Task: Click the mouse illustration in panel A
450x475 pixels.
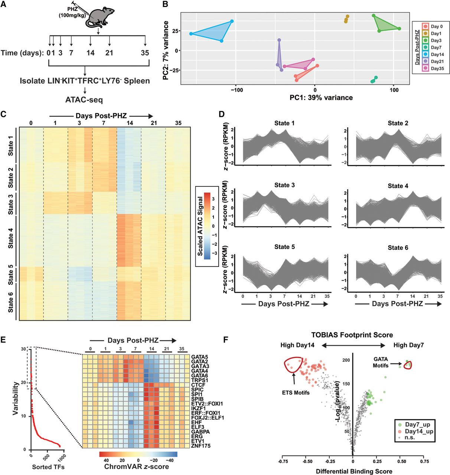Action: click(99, 17)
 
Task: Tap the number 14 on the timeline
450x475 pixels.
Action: click(91, 52)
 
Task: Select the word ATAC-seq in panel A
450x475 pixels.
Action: click(84, 99)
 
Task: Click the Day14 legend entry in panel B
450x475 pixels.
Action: click(433, 54)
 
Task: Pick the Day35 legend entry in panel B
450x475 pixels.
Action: click(433, 68)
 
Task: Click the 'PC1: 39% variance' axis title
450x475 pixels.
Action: click(321, 98)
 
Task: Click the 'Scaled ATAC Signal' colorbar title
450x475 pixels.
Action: click(200, 226)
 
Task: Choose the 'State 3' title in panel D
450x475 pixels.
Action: click(284, 185)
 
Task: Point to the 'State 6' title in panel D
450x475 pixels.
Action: click(398, 248)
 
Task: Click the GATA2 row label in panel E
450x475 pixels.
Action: click(199, 361)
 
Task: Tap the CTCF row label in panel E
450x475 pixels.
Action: click(198, 385)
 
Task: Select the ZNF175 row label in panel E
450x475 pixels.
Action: click(201, 446)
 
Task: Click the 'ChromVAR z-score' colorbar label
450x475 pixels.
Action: click(136, 466)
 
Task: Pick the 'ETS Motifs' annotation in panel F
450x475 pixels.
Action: click(296, 393)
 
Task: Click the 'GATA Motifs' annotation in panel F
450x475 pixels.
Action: click(381, 363)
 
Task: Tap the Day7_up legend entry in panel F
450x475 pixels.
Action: click(414, 424)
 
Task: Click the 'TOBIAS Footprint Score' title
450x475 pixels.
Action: click(352, 335)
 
